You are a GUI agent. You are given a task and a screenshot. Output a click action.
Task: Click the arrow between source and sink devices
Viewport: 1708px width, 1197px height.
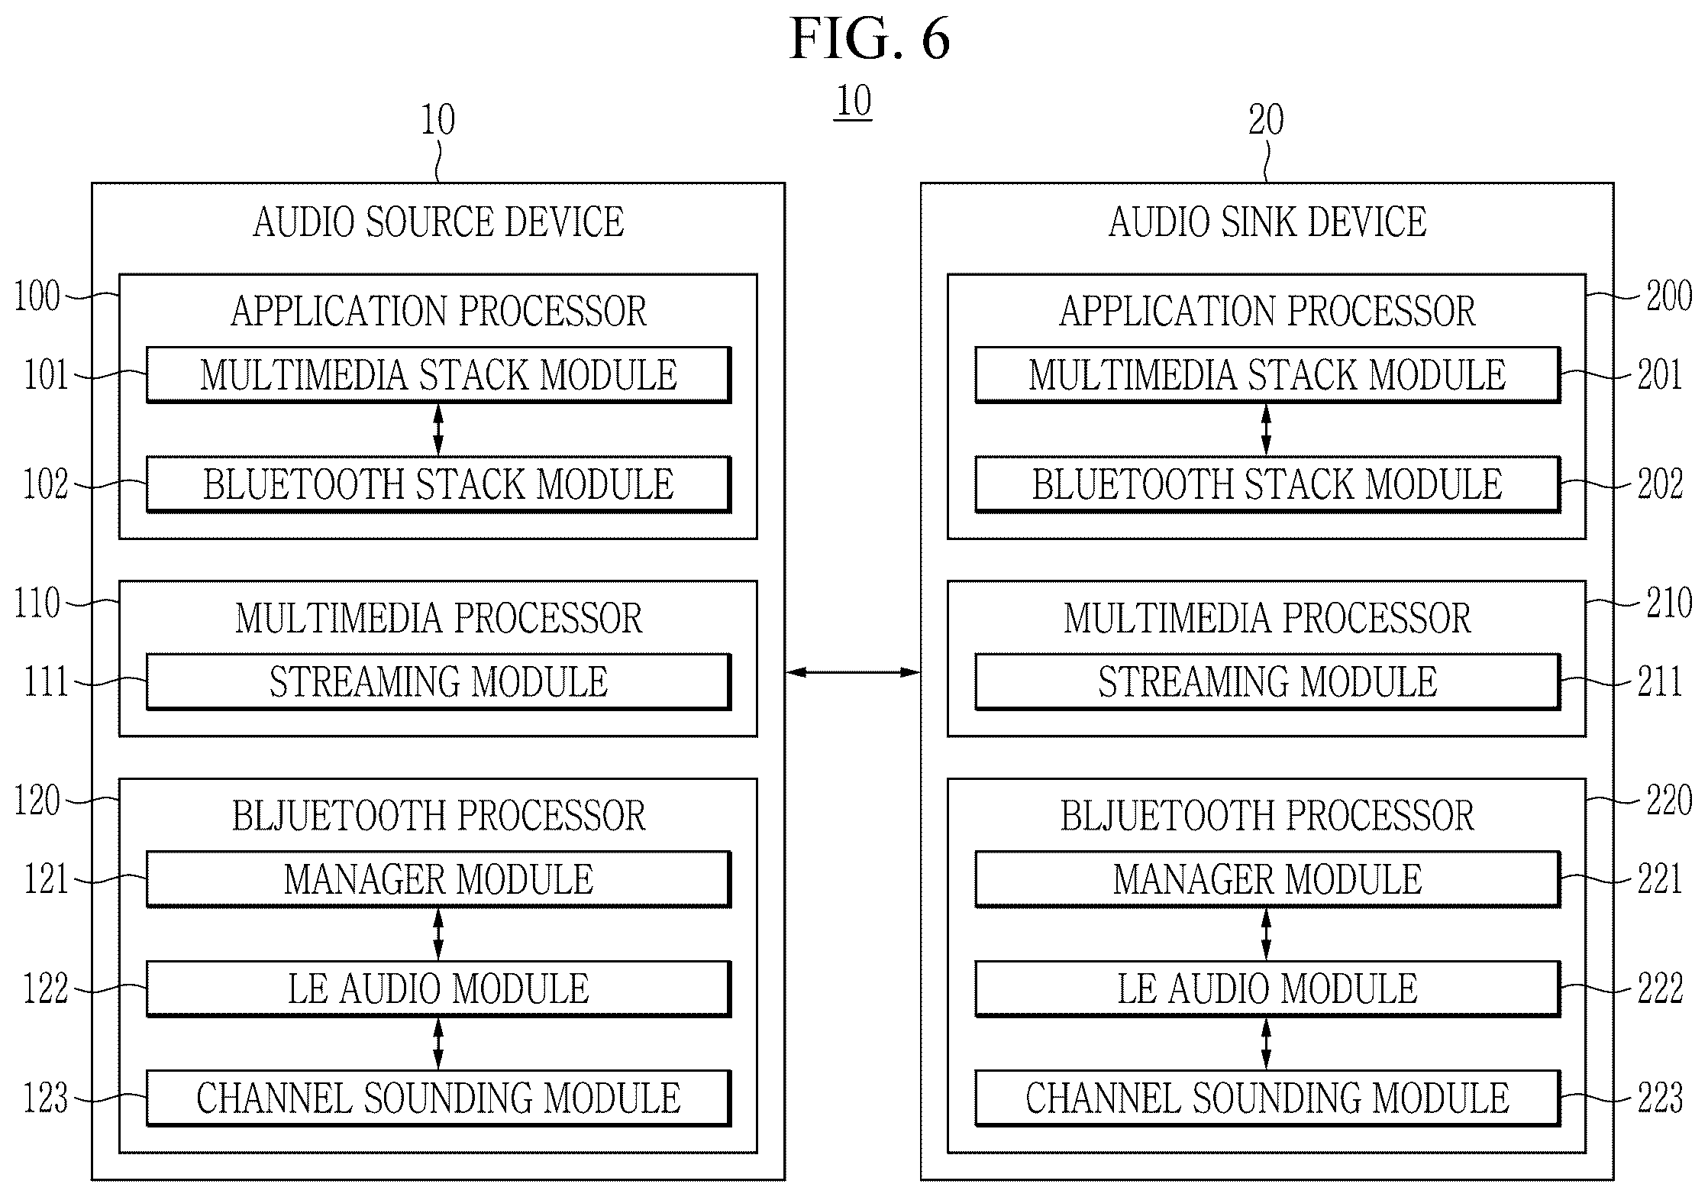[853, 672]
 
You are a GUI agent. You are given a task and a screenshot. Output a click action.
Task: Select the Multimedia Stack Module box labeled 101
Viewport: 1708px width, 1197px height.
[438, 375]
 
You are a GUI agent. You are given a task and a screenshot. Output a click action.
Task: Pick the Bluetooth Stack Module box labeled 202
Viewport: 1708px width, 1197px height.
[1267, 484]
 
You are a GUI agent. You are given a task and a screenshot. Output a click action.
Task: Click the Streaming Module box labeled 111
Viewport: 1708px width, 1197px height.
[438, 681]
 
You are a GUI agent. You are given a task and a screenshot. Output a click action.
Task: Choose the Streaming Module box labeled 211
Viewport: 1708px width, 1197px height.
[1267, 681]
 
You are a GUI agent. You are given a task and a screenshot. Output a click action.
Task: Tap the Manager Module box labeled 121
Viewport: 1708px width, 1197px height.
[438, 879]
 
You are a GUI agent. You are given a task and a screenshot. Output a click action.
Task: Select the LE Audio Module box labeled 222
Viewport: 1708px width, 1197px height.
[1267, 988]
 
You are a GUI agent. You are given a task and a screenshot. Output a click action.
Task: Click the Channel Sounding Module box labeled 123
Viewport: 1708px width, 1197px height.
[438, 1098]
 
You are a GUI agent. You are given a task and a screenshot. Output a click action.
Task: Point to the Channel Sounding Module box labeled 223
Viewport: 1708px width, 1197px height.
[1267, 1098]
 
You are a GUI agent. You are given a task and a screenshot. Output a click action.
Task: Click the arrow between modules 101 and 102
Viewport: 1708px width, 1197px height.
[438, 430]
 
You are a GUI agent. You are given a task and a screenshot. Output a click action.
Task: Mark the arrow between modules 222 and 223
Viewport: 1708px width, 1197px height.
[1267, 1043]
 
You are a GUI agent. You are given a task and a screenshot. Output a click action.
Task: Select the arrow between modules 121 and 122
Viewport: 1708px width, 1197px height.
[438, 934]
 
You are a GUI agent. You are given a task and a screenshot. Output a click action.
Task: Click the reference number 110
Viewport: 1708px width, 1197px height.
[37, 603]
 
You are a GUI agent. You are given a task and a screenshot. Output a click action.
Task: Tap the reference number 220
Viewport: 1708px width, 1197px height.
[1669, 801]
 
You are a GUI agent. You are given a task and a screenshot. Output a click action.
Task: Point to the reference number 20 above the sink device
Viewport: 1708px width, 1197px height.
[1266, 120]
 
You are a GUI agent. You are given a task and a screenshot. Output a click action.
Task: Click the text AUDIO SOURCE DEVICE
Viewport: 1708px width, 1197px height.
[438, 222]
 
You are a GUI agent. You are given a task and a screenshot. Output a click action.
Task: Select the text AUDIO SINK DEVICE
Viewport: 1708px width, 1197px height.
[1267, 222]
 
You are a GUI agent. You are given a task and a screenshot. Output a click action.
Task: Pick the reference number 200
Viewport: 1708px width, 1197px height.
[1669, 296]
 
